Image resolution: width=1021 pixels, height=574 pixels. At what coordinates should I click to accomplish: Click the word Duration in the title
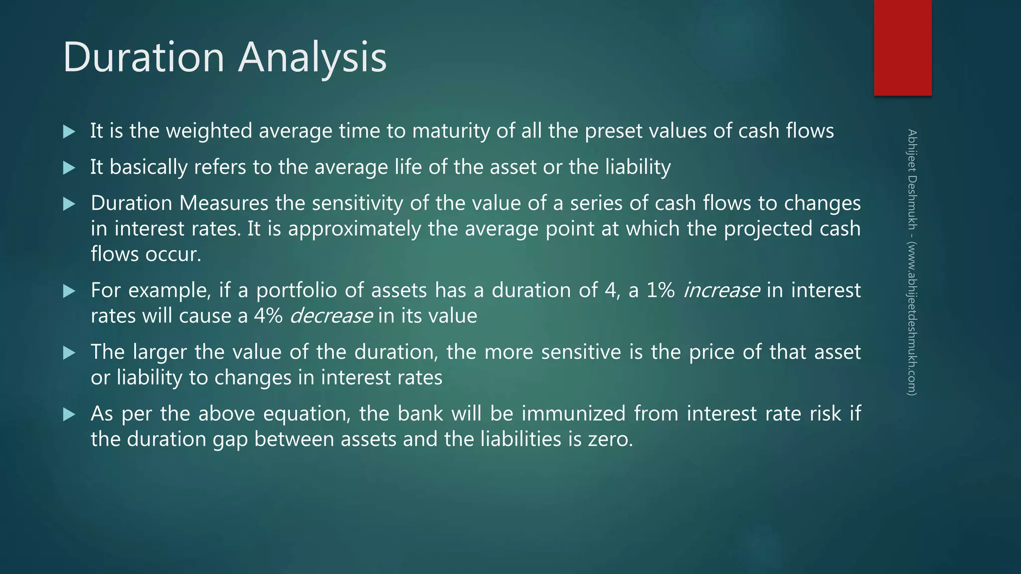click(x=144, y=57)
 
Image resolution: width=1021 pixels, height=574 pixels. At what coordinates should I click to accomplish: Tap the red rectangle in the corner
click(x=902, y=48)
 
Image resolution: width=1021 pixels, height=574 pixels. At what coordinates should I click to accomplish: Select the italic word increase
click(x=721, y=290)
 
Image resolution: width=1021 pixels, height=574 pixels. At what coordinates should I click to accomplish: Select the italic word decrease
click(x=331, y=316)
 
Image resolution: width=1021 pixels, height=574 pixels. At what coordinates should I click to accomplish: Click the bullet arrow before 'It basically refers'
click(x=69, y=168)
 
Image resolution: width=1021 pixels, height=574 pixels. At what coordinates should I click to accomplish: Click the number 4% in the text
click(x=268, y=316)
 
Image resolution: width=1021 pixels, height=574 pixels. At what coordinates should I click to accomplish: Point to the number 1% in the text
click(x=661, y=290)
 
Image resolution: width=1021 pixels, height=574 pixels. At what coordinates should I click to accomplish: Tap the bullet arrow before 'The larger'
click(x=69, y=353)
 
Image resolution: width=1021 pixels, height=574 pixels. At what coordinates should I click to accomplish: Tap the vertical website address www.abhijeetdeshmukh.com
click(x=912, y=319)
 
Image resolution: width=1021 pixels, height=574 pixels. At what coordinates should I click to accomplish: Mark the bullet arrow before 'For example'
click(x=69, y=291)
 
